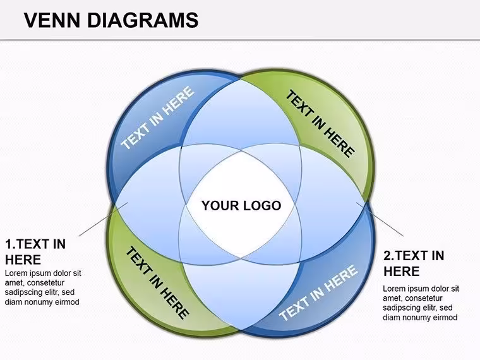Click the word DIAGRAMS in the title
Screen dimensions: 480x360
click(x=143, y=20)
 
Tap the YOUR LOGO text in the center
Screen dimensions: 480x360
click(x=241, y=205)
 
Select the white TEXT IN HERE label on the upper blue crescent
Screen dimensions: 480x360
click(x=157, y=118)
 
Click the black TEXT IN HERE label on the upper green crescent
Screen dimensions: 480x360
click(x=320, y=123)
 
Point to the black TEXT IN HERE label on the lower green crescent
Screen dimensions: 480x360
click(x=157, y=283)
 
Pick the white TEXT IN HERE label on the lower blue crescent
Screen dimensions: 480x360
click(x=318, y=293)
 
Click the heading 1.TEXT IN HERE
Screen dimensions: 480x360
click(x=35, y=252)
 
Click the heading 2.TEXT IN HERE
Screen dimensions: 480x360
click(x=414, y=263)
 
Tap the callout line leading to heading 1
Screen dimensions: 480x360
click(x=103, y=219)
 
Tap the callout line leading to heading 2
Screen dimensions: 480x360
click(x=380, y=219)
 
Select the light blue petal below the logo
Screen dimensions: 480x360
click(x=241, y=294)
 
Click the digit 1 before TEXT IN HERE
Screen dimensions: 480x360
click(x=9, y=244)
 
